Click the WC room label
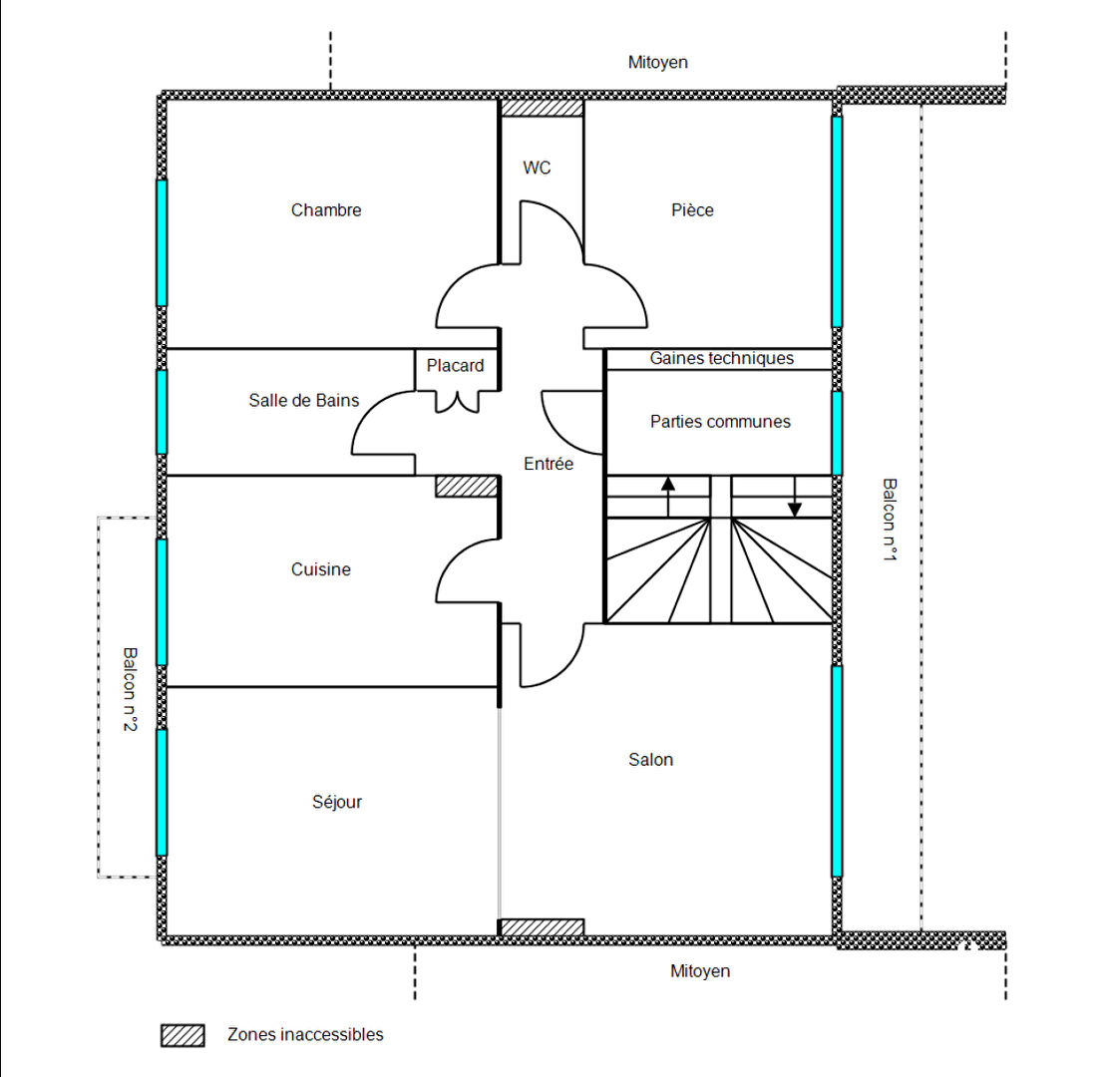pyautogui.click(x=537, y=168)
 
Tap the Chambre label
pyautogui.click(x=326, y=210)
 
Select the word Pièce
pyautogui.click(x=692, y=210)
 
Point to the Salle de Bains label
pyautogui.click(x=303, y=401)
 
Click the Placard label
pyautogui.click(x=456, y=365)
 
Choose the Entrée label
pyautogui.click(x=549, y=464)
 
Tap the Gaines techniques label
pyautogui.click(x=722, y=358)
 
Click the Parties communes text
pyautogui.click(x=720, y=422)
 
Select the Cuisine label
pyautogui.click(x=320, y=569)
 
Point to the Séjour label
pyautogui.click(x=337, y=802)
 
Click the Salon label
pyautogui.click(x=651, y=760)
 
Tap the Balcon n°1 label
pyautogui.click(x=890, y=520)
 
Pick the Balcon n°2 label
pyautogui.click(x=130, y=689)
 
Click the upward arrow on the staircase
pyautogui.click(x=668, y=497)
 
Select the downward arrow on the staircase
pyautogui.click(x=795, y=497)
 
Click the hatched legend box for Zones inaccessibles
pyautogui.click(x=183, y=1035)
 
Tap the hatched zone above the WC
pyautogui.click(x=542, y=108)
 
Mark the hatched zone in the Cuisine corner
pyautogui.click(x=467, y=487)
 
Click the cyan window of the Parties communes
pyautogui.click(x=837, y=433)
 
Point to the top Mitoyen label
pyautogui.click(x=658, y=63)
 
